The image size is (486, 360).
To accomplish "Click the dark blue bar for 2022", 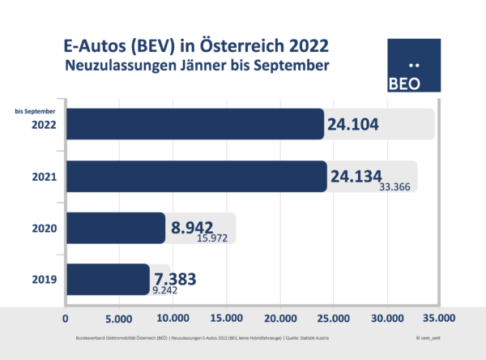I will pos(194,124).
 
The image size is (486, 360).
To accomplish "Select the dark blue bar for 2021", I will pos(196,176).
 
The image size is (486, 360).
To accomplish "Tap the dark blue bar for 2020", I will pos(116,228).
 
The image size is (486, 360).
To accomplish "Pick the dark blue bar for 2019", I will pos(108,279).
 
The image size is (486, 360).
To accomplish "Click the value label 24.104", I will pos(362,124).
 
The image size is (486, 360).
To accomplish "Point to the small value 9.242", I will pos(168,289).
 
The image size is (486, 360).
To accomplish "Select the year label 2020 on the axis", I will pos(43,229).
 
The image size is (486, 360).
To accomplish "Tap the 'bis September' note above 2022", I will pos(35,110).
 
